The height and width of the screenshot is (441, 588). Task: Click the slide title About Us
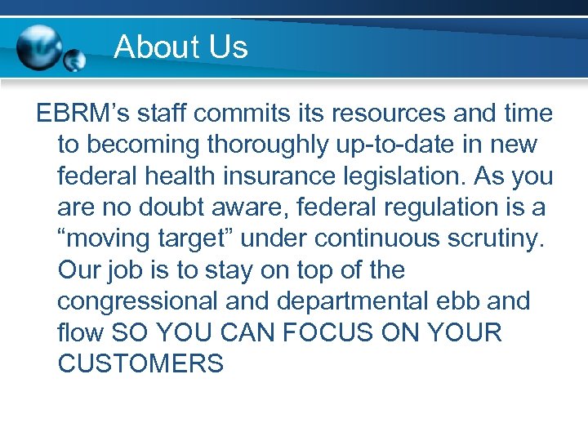click(x=180, y=47)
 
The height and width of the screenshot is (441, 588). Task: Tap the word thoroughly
click(x=274, y=145)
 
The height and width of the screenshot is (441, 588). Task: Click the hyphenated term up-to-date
click(x=411, y=145)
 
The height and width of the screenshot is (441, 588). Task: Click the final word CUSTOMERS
click(x=140, y=363)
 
